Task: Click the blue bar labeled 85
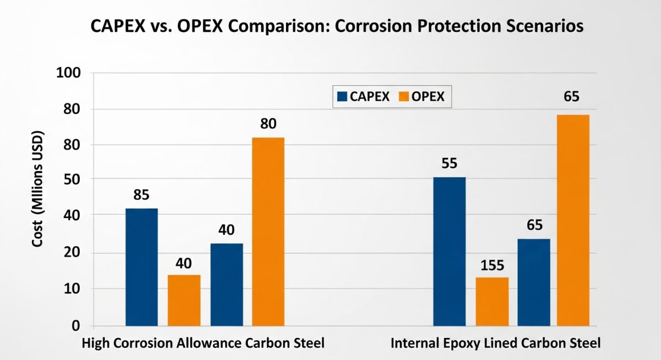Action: point(142,267)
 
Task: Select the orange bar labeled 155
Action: point(492,301)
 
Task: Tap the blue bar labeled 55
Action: point(449,252)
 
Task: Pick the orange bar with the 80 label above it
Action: point(268,231)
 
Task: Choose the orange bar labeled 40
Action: point(184,300)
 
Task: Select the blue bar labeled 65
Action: point(534,282)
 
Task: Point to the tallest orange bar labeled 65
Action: point(573,220)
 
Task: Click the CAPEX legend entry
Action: point(363,96)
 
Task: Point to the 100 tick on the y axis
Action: point(69,73)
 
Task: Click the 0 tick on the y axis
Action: point(76,326)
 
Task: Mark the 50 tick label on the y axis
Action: point(72,180)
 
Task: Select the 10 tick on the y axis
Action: point(72,289)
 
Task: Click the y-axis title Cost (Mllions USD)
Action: point(37,197)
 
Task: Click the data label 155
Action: point(492,265)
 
